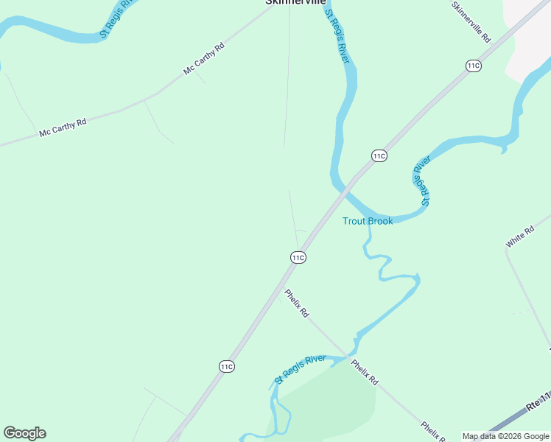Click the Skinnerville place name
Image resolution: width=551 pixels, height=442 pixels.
pos(295,2)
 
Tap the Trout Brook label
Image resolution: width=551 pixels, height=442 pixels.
pos(368,221)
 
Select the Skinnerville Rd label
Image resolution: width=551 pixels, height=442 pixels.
pos(471,22)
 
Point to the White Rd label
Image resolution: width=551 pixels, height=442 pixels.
pos(519,237)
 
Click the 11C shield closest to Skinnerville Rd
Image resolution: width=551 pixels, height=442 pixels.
pos(474,66)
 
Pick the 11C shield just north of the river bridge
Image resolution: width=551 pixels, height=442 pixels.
pos(379,155)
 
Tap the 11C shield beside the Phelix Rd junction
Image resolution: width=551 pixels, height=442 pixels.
pos(298,257)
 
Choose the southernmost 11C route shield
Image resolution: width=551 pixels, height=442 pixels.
pos(226,366)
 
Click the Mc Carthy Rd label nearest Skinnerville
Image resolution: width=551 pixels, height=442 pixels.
pos(204,59)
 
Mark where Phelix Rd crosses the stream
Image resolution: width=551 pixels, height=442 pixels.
pos(349,357)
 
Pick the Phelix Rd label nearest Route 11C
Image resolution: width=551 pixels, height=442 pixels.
pos(297,303)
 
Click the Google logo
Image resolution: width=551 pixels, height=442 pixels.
pos(24,433)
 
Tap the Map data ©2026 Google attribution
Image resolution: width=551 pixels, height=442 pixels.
pos(505,437)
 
